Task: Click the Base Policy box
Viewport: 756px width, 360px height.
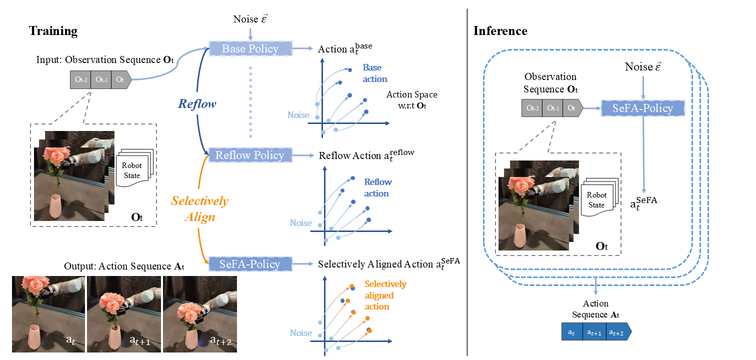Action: click(250, 48)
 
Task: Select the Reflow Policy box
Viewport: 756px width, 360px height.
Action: click(250, 155)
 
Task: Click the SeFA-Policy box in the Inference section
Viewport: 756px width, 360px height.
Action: click(642, 108)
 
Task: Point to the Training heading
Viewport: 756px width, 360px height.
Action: click(53, 31)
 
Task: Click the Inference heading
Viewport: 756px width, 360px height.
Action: click(500, 31)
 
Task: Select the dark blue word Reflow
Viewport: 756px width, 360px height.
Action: click(197, 104)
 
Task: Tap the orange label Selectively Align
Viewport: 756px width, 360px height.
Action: click(199, 208)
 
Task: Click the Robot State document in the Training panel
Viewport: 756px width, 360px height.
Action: click(132, 168)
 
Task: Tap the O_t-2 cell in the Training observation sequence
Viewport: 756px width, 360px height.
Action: click(80, 79)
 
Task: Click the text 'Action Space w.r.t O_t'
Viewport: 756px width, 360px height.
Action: click(411, 99)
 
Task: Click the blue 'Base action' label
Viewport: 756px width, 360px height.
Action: click(375, 73)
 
